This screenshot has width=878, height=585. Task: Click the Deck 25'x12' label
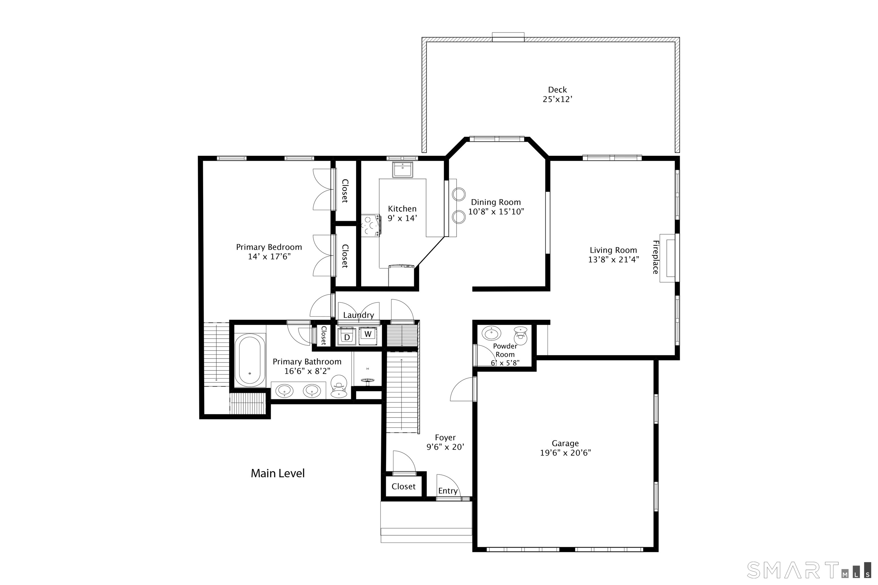557,94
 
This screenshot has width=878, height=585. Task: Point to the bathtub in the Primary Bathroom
250,360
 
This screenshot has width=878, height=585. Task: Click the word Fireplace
656,257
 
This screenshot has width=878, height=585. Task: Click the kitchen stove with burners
371,225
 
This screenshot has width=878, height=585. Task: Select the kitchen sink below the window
402,170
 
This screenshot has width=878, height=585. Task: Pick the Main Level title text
278,473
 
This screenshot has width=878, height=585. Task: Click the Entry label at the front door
448,491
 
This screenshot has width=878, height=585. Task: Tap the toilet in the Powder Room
520,336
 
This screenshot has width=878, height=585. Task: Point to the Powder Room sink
491,333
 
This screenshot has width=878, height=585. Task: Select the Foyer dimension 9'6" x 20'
445,447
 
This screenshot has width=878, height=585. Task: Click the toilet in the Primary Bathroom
339,386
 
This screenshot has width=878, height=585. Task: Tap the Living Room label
613,250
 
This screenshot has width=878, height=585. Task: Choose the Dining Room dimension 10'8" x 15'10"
496,212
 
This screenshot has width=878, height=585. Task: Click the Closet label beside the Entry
404,486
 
